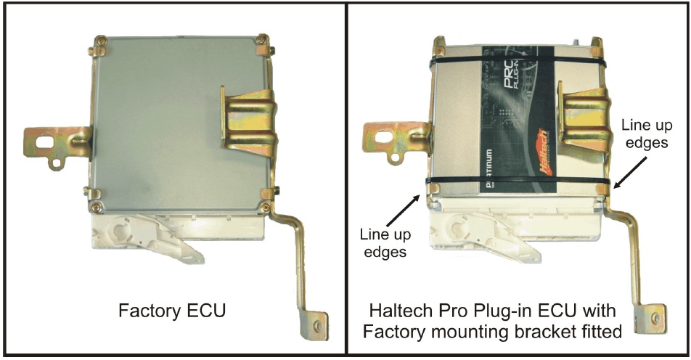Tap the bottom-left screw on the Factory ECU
[x=96, y=206]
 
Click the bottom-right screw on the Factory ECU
[x=265, y=207]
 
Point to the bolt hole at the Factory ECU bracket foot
[x=317, y=326]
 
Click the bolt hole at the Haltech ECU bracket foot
[x=656, y=317]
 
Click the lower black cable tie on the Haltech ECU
[x=518, y=181]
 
